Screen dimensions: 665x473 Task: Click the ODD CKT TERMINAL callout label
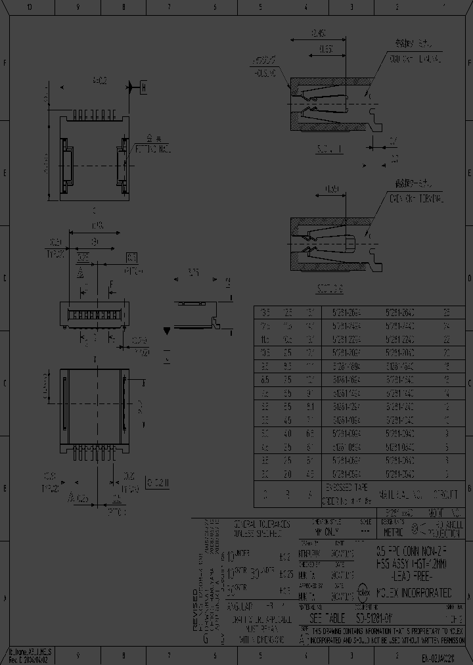click(x=417, y=59)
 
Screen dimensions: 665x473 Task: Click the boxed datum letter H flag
click(x=144, y=87)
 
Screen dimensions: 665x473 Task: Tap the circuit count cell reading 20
click(x=447, y=353)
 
